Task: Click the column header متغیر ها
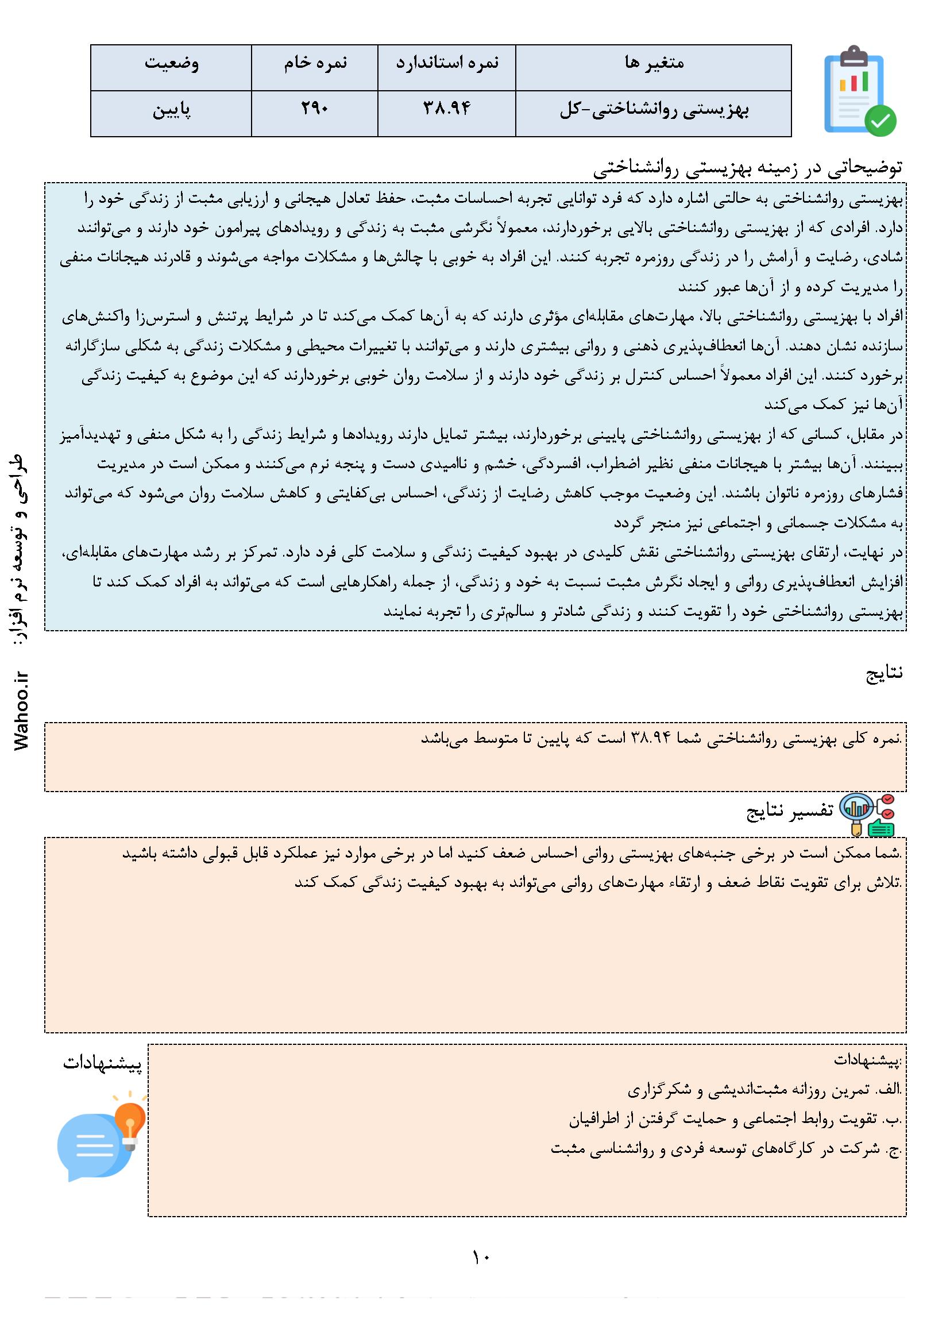click(654, 63)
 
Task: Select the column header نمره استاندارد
click(447, 63)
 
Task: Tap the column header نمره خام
click(315, 63)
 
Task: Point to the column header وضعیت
click(171, 63)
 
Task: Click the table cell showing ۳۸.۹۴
click(447, 109)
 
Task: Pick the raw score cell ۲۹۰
click(315, 109)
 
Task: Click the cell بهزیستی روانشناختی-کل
click(654, 110)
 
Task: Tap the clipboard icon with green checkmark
click(859, 92)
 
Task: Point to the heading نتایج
click(884, 673)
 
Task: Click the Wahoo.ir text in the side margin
click(22, 711)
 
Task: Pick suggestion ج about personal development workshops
click(726, 1149)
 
